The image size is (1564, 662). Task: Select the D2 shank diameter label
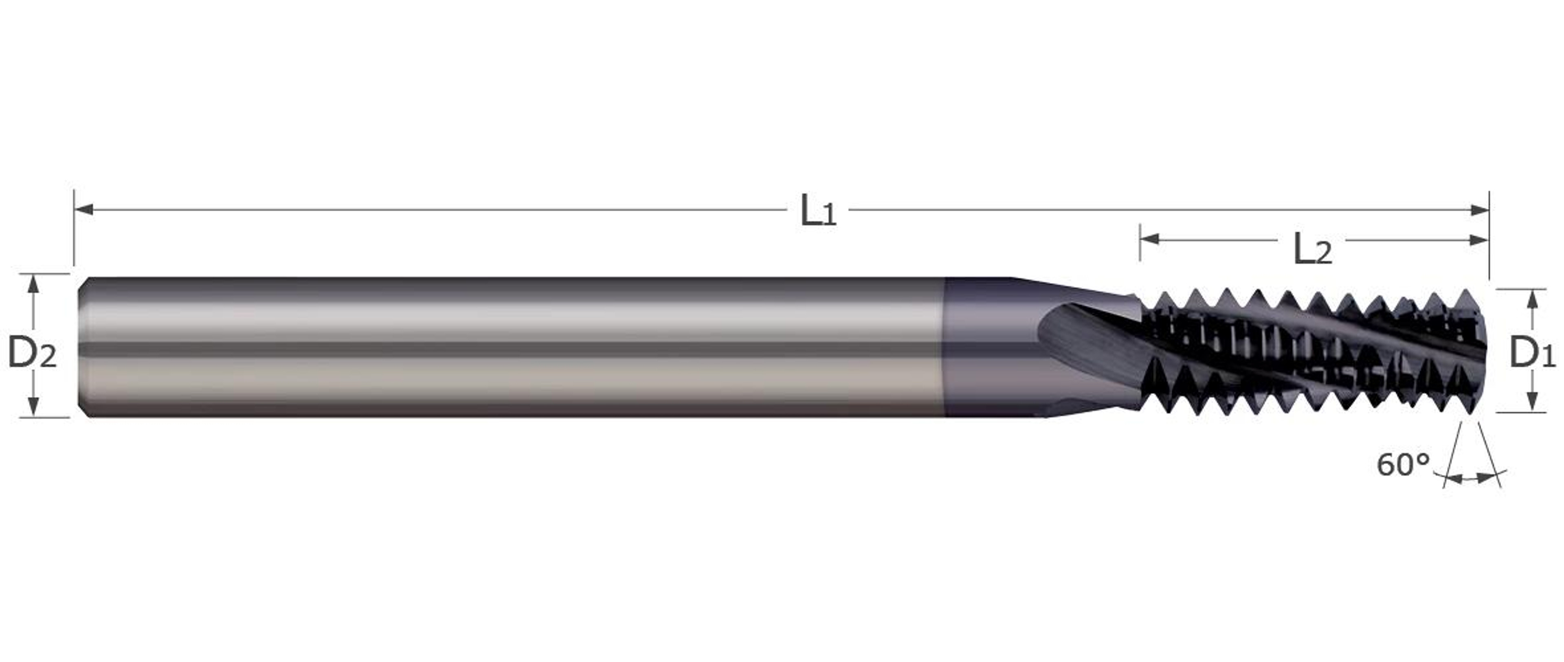click(x=32, y=353)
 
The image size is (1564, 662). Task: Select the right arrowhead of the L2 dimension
click(x=1478, y=240)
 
